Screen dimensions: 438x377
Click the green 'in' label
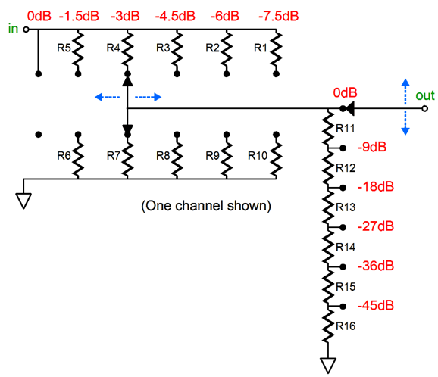pos(13,29)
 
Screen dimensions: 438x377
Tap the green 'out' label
pos(425,95)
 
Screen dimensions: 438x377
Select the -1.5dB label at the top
pos(79,16)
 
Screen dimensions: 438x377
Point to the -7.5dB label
pos(279,16)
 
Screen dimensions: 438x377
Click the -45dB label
pos(376,306)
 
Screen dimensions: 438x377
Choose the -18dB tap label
pos(376,187)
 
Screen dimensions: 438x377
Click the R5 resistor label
pos(64,48)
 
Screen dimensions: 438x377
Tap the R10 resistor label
pos(258,155)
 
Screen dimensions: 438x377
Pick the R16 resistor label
pos(346,326)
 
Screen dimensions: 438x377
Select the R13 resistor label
pos(346,207)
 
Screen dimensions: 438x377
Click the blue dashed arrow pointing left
pos(108,97)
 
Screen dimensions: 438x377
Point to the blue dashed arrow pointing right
pos(149,97)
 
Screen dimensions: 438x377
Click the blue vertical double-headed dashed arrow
pos(405,107)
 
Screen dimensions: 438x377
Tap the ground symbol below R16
pos(328,366)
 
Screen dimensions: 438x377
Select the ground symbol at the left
pos(23,201)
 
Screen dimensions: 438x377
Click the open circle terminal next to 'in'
pos(26,30)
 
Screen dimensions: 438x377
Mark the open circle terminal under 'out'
pos(424,108)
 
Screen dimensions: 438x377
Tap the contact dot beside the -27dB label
pos(343,227)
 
